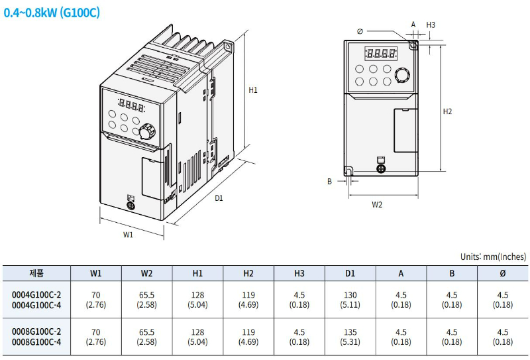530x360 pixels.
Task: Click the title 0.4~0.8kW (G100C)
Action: (52, 13)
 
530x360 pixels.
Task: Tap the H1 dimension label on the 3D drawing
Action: (253, 90)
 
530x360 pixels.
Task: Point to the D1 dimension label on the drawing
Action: (219, 198)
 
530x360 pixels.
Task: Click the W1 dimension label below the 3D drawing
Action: (129, 234)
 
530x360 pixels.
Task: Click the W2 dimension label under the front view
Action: (377, 205)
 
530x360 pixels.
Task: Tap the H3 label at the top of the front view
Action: (431, 25)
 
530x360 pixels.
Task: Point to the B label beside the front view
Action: (329, 180)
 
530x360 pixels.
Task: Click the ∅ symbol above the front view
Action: (360, 30)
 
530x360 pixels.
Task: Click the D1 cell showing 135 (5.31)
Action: (350, 337)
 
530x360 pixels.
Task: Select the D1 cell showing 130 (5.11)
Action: (350, 300)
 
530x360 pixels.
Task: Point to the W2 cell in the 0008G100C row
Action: (146, 337)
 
